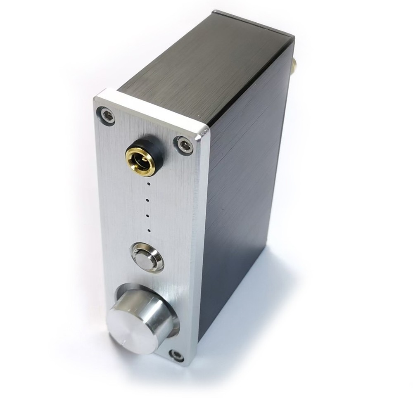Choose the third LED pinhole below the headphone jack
148,215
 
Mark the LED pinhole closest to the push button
148,230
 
